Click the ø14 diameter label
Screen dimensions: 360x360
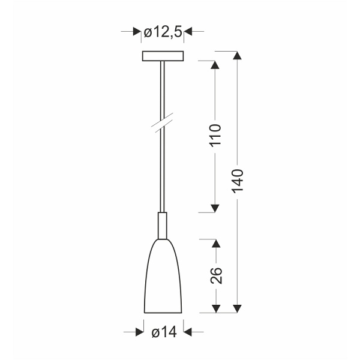pos(163,331)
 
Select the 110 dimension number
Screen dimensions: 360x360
pos(216,137)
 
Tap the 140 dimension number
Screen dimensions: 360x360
pos(238,180)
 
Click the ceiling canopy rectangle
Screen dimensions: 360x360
pos(163,56)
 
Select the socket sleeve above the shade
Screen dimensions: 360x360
pos(163,225)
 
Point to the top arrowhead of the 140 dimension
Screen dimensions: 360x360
pos(238,56)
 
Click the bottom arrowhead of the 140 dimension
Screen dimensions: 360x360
pos(238,308)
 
